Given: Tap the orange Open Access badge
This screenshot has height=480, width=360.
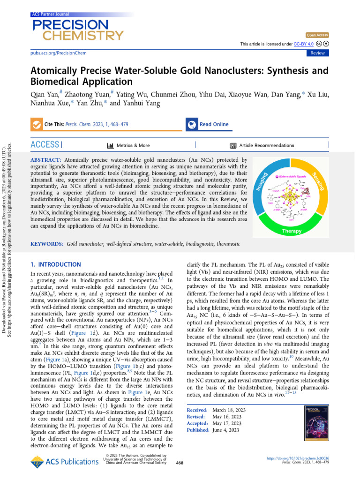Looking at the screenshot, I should coord(317,35).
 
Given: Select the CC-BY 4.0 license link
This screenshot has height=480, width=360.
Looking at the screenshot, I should coord(304,44).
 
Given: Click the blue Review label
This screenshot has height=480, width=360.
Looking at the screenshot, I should coord(317,53).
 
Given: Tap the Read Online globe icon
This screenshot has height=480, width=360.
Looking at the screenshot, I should coord(191,125).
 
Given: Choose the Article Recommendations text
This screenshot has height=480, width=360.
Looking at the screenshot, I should coord(266,146).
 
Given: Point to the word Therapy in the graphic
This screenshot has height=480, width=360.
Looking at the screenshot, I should coord(291,231).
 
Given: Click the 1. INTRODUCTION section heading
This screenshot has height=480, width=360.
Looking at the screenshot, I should coord(55,264).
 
